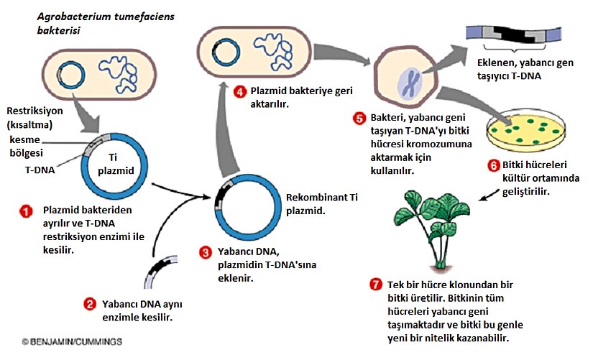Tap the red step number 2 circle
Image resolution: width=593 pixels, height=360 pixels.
(x=90, y=304)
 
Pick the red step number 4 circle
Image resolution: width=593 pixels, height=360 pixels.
(x=240, y=91)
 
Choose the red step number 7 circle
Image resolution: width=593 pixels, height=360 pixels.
(x=374, y=284)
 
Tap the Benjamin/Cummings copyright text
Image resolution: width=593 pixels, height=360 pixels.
(x=62, y=342)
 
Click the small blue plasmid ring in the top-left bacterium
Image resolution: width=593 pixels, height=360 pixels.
(x=70, y=75)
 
